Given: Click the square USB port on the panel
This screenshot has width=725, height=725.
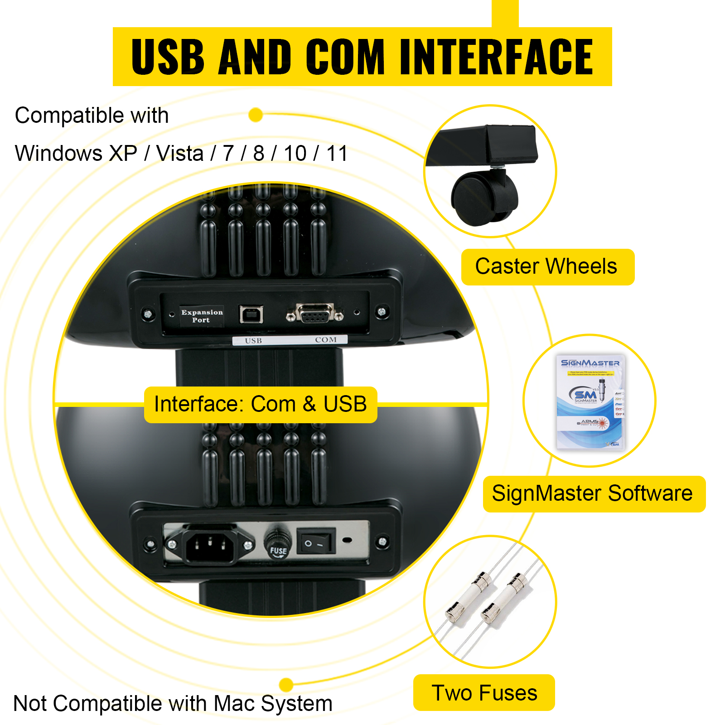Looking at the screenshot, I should pos(251,314).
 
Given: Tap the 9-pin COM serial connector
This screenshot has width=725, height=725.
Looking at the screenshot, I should pos(315,314).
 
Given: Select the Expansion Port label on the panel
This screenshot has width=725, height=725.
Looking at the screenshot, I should pos(202,316).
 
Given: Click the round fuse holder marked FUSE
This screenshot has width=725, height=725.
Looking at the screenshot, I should pos(278,544).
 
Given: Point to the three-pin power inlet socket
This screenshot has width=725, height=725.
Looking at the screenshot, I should pos(210,545).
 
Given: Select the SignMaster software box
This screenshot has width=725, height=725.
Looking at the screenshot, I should pos(590,401).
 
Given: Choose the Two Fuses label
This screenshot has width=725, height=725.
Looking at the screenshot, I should pos(484,693).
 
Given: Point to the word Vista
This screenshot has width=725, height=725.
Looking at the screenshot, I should pos(180,153).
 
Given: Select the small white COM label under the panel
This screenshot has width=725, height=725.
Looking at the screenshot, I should pos(326,340).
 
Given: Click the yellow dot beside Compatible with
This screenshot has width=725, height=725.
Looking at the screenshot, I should pos(256,115).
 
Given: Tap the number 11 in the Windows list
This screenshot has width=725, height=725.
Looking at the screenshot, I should pos(337,153).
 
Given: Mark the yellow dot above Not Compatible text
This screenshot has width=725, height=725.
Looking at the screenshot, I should pos(286,684).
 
